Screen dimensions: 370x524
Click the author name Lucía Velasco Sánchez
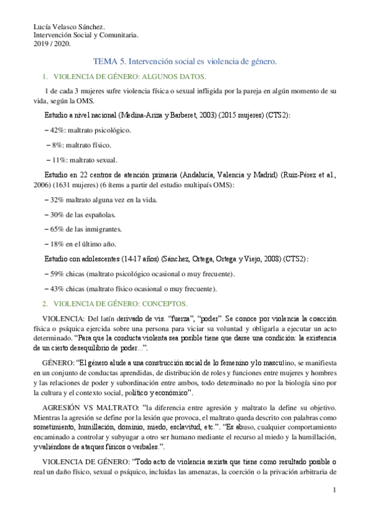pyautogui.click(x=69, y=26)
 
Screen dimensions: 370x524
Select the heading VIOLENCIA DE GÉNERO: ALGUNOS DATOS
pyautogui.click(x=130, y=77)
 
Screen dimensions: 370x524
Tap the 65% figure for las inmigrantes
pyautogui.click(x=58, y=229)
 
